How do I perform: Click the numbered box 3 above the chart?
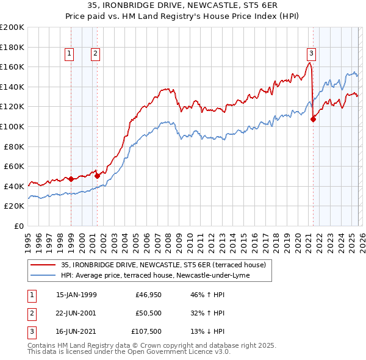point(311,53)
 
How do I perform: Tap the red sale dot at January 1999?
point(71,179)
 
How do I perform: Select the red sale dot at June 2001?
point(97,176)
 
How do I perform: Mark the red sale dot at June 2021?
point(313,119)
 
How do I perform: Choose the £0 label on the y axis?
point(18,226)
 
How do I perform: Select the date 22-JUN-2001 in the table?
point(76,314)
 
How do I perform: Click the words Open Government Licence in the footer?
point(175,352)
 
